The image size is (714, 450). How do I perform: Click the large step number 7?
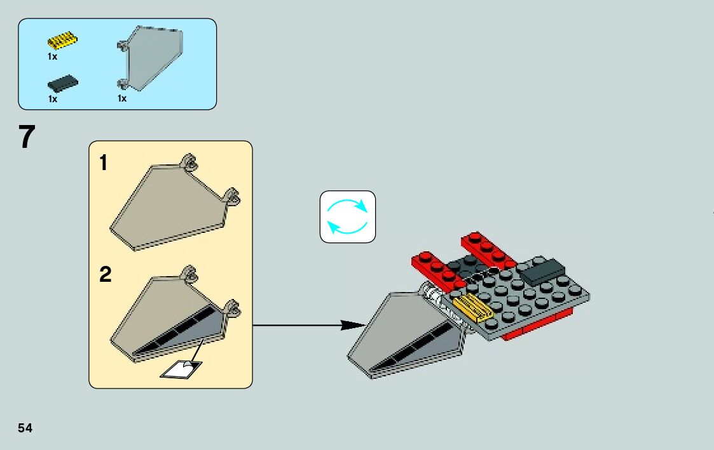coord(27,137)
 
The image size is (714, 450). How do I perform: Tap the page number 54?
coord(25,428)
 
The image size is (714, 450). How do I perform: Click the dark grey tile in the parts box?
coord(62,83)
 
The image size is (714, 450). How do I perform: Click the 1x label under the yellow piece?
coord(52,56)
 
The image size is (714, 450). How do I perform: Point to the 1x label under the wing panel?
coord(121,98)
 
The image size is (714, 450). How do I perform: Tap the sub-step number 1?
coord(104,164)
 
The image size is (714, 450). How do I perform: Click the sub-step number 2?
coord(106,275)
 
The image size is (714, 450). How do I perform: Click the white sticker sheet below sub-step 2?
coord(181,369)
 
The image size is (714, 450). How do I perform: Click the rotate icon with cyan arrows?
coord(347,216)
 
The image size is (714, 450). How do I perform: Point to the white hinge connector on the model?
coord(435,294)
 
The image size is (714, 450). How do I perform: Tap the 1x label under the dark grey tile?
coord(52,99)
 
